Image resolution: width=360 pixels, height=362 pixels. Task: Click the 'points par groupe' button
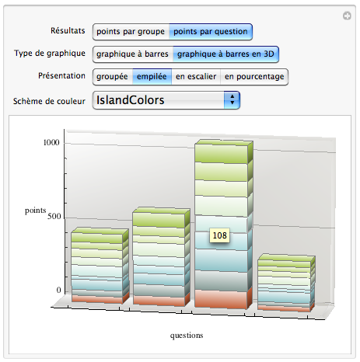point(131,32)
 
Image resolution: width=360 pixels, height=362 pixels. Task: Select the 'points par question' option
point(211,32)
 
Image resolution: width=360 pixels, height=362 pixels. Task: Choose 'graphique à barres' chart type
point(132,54)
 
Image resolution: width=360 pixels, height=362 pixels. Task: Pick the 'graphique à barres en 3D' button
point(225,54)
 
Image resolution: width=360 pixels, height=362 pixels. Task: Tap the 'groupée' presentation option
point(112,77)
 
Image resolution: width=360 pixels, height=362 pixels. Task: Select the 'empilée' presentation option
point(152,77)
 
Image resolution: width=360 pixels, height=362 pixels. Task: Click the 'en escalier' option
point(196,77)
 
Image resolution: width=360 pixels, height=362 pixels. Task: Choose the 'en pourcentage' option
point(254,77)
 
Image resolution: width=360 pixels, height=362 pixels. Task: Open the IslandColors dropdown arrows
point(232,100)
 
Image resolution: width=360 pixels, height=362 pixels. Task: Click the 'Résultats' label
point(68,30)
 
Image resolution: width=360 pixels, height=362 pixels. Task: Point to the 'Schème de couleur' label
point(49,101)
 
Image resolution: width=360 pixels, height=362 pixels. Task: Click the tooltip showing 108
point(219,235)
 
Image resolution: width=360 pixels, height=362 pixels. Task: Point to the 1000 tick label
point(51,142)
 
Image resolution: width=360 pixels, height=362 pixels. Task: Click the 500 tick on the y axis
point(54,216)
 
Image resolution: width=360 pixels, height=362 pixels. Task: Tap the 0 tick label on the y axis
point(59,290)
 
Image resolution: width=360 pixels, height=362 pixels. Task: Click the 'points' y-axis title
point(36,211)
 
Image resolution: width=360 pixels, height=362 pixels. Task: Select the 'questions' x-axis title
point(187,336)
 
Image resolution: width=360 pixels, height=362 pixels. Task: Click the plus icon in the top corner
point(347,16)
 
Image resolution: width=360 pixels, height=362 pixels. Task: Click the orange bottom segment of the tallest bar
point(221,299)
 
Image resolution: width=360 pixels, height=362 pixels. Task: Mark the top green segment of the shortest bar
point(284,262)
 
